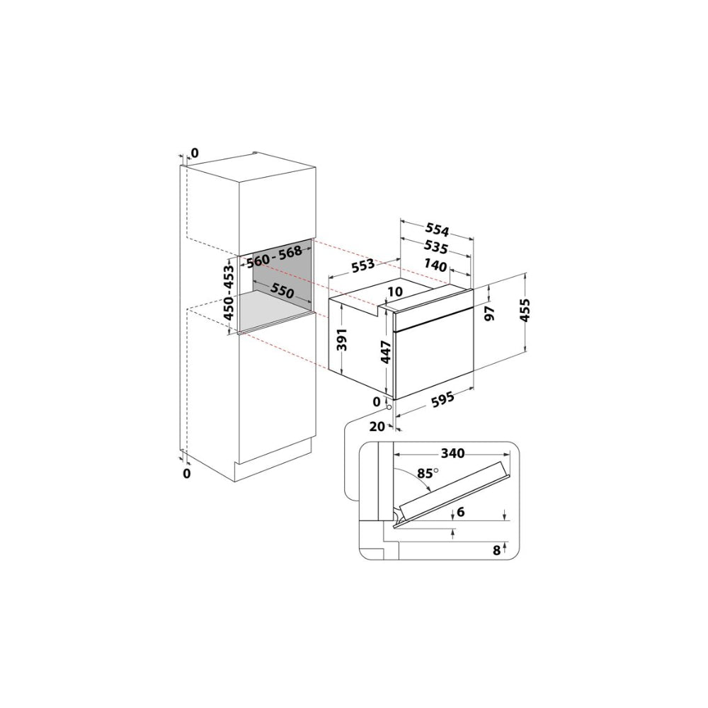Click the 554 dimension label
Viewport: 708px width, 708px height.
(x=437, y=230)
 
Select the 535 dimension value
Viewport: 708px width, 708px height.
(x=435, y=247)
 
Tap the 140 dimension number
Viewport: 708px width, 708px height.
(x=435, y=266)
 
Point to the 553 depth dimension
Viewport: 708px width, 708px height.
(x=363, y=265)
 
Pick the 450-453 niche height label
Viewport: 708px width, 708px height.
(x=230, y=292)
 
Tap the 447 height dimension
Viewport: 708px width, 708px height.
(x=386, y=352)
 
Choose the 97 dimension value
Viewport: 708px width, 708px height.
(x=490, y=313)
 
